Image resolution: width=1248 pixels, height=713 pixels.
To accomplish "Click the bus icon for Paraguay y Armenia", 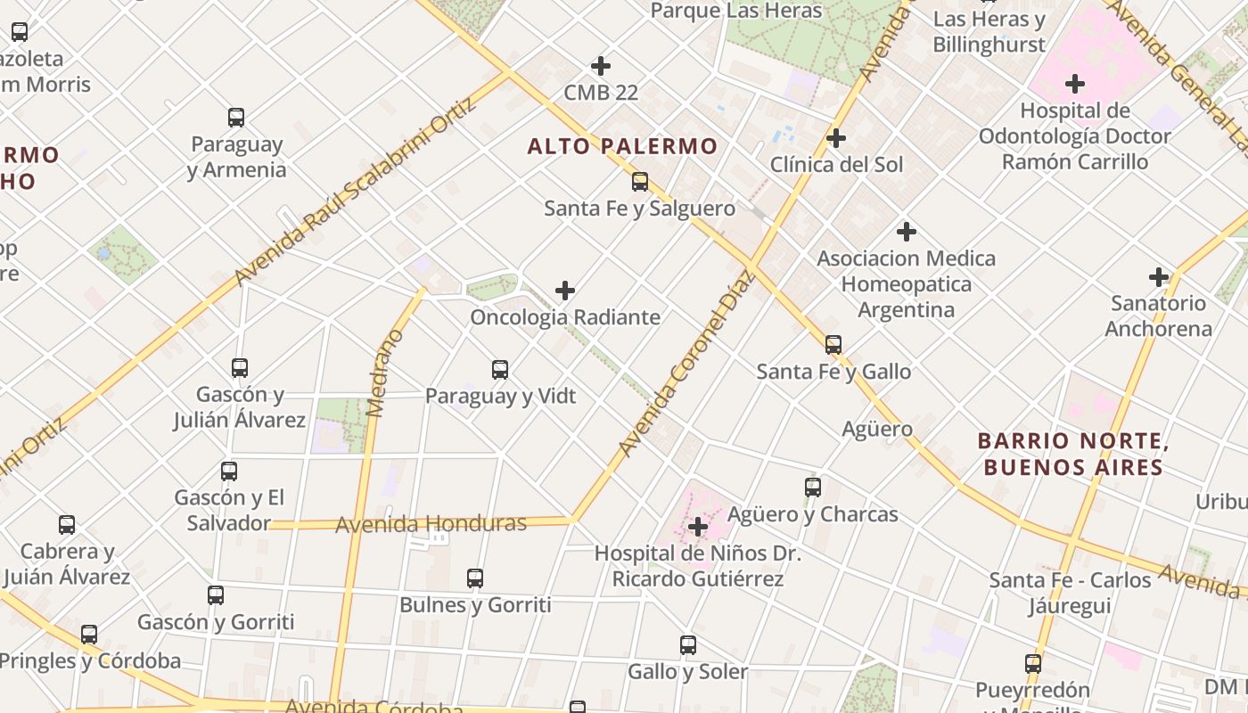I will [x=236, y=118].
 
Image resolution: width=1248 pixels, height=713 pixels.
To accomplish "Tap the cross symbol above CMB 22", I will [x=601, y=66].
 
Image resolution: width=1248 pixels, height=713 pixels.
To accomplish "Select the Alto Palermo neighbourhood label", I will [x=622, y=146].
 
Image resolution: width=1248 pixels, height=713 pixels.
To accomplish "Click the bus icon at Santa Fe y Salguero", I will [x=640, y=182].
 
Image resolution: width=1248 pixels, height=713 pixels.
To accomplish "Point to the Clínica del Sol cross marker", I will [x=836, y=138].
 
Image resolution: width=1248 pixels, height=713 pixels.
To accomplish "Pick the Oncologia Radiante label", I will [x=565, y=317].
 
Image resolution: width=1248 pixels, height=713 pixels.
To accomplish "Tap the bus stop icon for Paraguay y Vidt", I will [x=500, y=369].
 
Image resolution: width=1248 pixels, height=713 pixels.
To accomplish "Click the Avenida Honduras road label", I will [x=431, y=524].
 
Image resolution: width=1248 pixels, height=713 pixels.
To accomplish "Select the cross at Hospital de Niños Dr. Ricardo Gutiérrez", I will [x=698, y=528].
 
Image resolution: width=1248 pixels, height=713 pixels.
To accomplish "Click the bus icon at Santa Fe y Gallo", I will [x=833, y=344].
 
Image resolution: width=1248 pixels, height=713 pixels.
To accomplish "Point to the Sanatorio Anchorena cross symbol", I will [x=1159, y=277].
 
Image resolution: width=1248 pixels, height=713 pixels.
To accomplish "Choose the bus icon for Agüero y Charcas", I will [x=813, y=488].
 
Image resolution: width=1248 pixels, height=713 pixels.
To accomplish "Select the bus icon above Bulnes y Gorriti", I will [x=475, y=578].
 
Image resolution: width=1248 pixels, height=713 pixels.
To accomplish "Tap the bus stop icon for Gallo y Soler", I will [x=688, y=644].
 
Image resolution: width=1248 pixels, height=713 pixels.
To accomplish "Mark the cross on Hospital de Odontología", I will [x=1075, y=85].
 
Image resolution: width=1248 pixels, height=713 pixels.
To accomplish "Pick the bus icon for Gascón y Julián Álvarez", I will [x=240, y=367].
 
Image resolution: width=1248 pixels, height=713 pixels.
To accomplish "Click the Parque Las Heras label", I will [x=736, y=11].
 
